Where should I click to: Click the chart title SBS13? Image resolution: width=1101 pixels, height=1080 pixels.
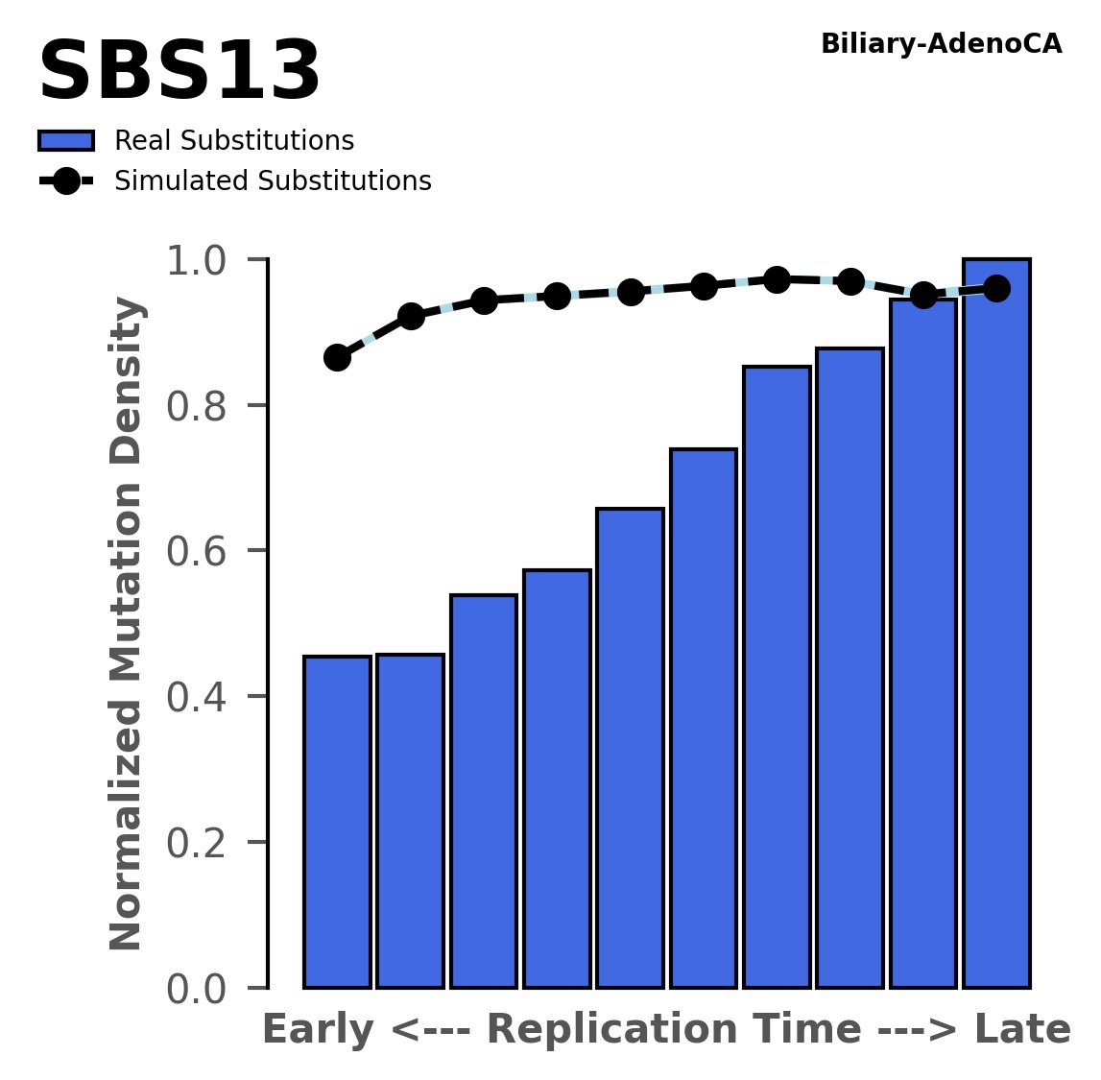pyautogui.click(x=179, y=73)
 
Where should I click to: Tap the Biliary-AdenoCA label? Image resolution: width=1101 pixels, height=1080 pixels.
pyautogui.click(x=941, y=44)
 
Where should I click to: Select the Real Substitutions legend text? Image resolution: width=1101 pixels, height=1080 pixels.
pyautogui.click(x=234, y=141)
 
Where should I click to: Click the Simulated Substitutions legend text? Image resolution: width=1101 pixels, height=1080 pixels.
pyautogui.click(x=273, y=181)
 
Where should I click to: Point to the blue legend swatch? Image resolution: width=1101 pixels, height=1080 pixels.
pyautogui.click(x=65, y=141)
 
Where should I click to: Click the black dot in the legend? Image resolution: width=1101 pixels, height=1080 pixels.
pyautogui.click(x=65, y=181)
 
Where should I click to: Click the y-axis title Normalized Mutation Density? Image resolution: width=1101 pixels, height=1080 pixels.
pyautogui.click(x=127, y=624)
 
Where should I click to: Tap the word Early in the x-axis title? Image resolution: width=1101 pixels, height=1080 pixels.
pyautogui.click(x=319, y=1031)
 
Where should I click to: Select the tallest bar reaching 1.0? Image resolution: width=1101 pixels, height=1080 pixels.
pyautogui.click(x=996, y=624)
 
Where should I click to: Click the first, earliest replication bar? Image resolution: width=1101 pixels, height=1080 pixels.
pyautogui.click(x=337, y=821)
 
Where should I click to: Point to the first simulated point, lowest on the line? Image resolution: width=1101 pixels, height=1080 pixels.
pyautogui.click(x=337, y=358)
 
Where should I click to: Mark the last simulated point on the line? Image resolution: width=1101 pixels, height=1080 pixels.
pyautogui.click(x=996, y=288)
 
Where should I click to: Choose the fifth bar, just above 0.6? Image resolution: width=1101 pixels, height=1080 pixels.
pyautogui.click(x=630, y=749)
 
